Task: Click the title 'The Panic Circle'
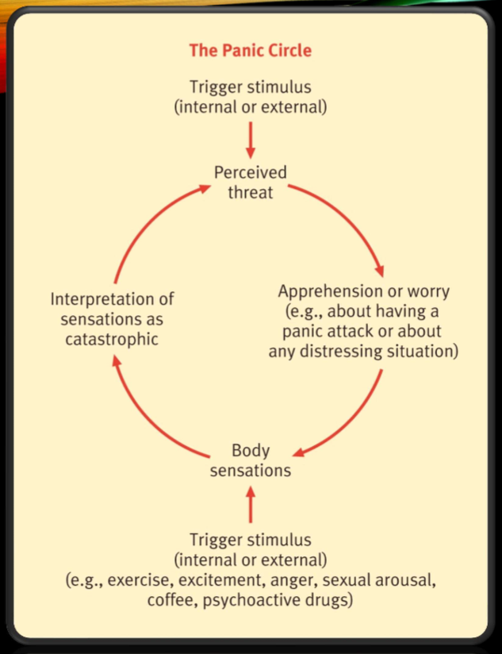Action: [x=250, y=50]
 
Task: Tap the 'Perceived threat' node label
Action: [x=250, y=182]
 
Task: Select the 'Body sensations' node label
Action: [x=250, y=460]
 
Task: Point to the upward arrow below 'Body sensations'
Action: [x=251, y=503]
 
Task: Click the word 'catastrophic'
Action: [x=112, y=339]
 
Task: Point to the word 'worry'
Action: [x=428, y=290]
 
